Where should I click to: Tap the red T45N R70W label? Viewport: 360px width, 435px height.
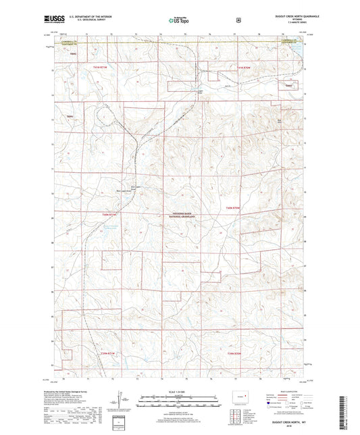pyautogui.click(x=234, y=208)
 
